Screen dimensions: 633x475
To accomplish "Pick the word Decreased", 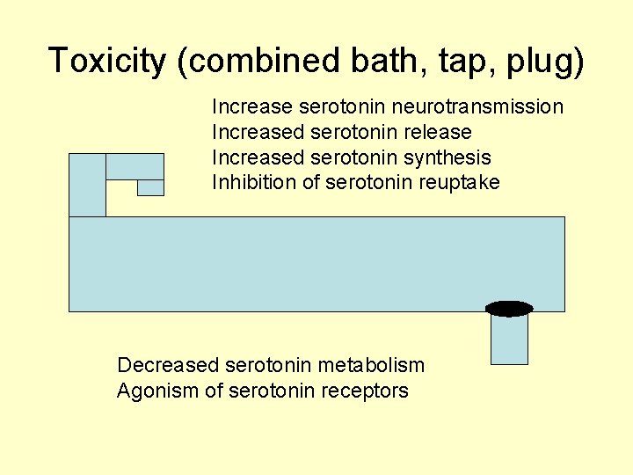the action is tap(168, 365).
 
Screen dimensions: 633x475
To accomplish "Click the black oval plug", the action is tap(509, 308).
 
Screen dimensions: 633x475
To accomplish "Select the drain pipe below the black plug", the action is tap(509, 340).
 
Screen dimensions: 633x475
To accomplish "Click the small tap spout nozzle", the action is tap(150, 187).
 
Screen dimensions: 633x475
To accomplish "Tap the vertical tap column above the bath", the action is tap(87, 185).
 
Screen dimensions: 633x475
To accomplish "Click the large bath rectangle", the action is tap(316, 264).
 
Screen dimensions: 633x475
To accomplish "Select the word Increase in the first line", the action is tap(252, 107).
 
